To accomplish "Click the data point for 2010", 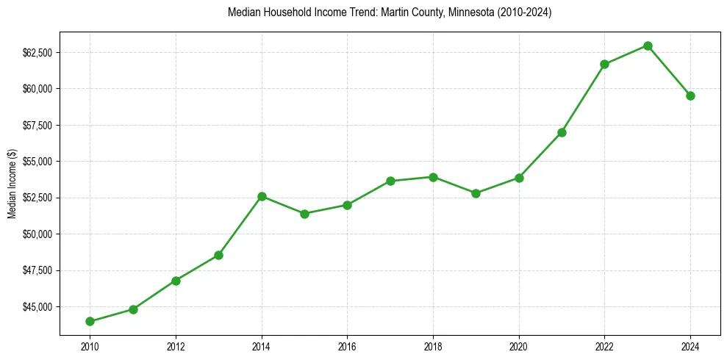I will pyautogui.click(x=90, y=321).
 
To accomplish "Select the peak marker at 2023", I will pyautogui.click(x=648, y=46).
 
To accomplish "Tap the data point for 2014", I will pyautogui.click(x=262, y=196).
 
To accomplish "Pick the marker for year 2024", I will pyautogui.click(x=690, y=96).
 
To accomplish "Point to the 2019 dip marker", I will pyautogui.click(x=476, y=193).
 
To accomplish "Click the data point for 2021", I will pyautogui.click(x=562, y=132).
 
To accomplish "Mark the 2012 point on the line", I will pyautogui.click(x=176, y=281).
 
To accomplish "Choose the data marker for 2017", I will pyautogui.click(x=390, y=181).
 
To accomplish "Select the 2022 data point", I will pyautogui.click(x=604, y=64).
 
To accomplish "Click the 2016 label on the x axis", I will pyautogui.click(x=347, y=345).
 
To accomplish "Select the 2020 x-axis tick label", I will pyautogui.click(x=519, y=345).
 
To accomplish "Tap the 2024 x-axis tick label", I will pyautogui.click(x=690, y=345).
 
